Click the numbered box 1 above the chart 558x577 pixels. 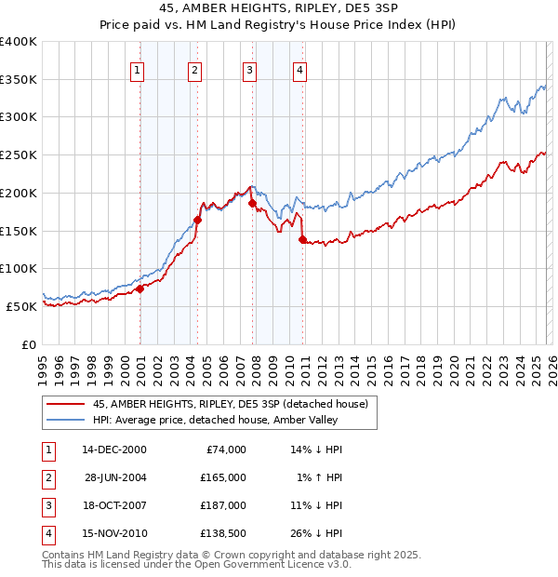click(138, 70)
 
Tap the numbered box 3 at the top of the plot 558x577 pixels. click(250, 70)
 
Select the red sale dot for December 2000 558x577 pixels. click(139, 288)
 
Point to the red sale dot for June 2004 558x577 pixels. click(197, 220)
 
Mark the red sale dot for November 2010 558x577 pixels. click(302, 239)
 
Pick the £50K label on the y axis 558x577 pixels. click(22, 306)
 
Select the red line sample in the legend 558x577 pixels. click(66, 404)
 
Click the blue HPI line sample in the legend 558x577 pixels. click(66, 420)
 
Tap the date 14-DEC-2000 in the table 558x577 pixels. click(113, 450)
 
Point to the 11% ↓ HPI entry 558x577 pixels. click(317, 505)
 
